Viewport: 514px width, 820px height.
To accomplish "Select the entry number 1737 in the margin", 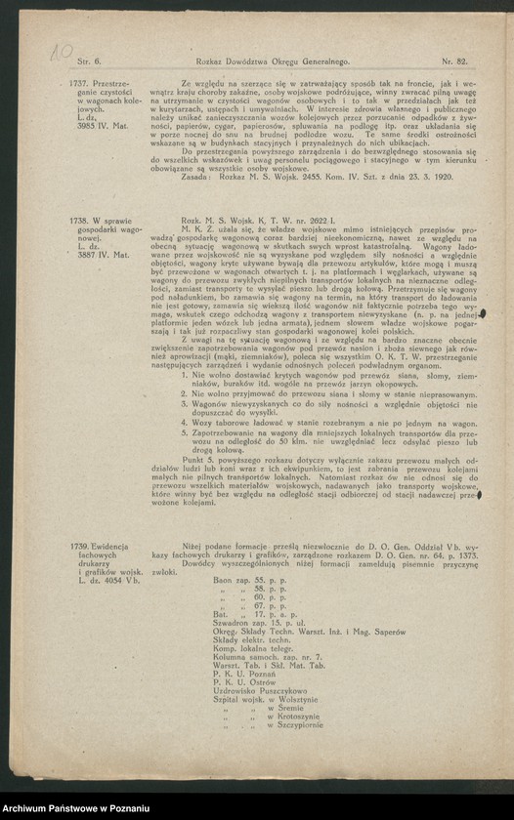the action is pyautogui.click(x=79, y=84).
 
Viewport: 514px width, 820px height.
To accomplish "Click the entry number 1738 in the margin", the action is pyautogui.click(x=79, y=223).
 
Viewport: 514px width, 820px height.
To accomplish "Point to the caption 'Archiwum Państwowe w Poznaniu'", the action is pyautogui.click(x=76, y=809).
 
